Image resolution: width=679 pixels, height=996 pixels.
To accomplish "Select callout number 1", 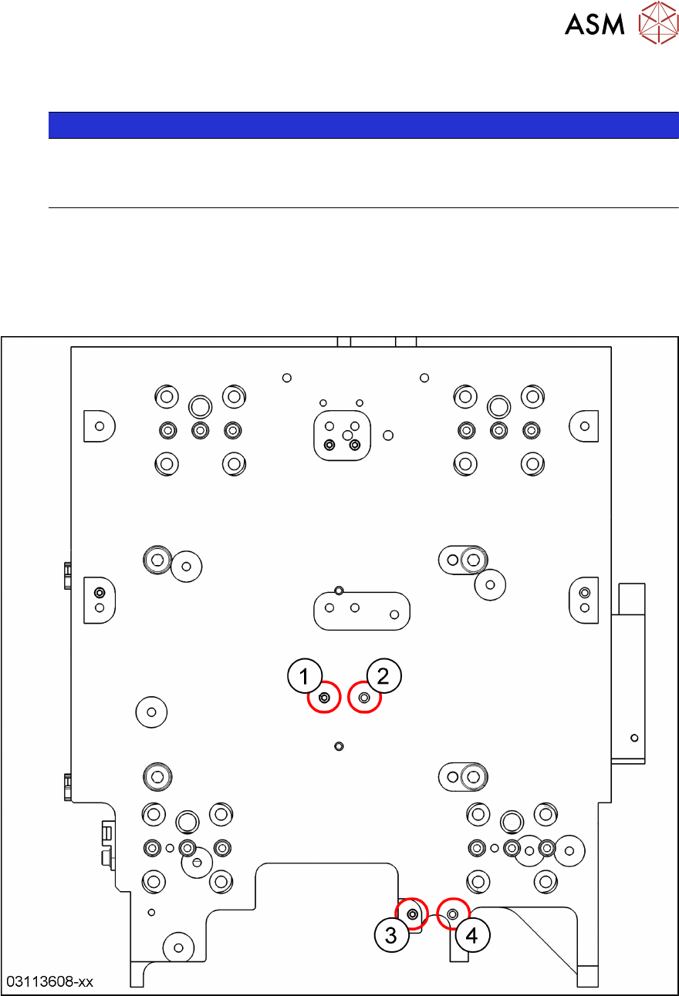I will [x=305, y=677].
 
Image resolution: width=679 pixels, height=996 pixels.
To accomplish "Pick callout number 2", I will [x=383, y=676].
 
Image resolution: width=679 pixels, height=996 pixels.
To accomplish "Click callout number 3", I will [x=391, y=935].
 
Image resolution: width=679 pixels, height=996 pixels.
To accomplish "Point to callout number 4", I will [x=471, y=935].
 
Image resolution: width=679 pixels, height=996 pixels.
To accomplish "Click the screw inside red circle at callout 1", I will [x=324, y=698].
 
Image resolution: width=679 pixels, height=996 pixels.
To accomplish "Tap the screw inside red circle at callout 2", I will [x=365, y=698].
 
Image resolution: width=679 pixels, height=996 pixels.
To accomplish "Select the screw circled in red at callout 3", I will [x=413, y=914].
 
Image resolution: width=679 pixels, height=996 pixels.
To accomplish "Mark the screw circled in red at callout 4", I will [x=453, y=914].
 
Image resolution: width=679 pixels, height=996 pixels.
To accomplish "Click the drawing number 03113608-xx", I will [x=50, y=982].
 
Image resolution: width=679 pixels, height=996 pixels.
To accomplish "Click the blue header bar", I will [x=363, y=125].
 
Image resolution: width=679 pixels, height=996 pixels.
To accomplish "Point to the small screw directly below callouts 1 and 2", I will [x=339, y=746].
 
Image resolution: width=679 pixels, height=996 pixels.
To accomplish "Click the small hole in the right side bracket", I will [x=634, y=738].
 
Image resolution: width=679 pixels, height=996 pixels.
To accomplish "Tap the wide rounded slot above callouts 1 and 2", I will [x=361, y=611].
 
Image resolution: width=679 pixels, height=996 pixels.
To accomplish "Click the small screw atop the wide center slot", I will [x=339, y=591].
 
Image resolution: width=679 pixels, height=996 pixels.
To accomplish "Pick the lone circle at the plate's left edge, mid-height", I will [x=151, y=712].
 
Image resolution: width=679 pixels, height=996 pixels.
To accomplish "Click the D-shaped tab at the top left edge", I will [x=99, y=426].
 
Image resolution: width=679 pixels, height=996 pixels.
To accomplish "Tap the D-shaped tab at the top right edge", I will [x=584, y=426].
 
